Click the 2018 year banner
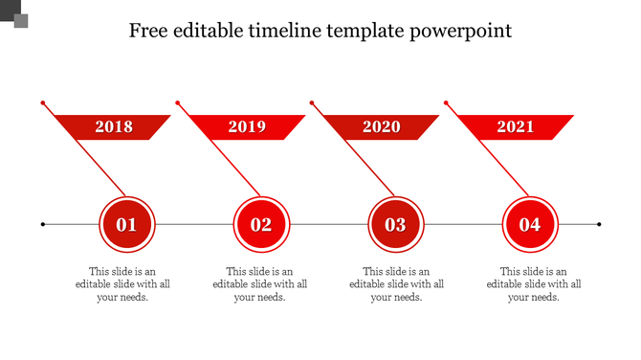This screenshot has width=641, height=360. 113,126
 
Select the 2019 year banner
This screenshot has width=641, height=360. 247,126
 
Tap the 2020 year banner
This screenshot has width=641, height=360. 381,126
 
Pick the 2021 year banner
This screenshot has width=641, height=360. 515,126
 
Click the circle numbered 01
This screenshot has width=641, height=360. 126,225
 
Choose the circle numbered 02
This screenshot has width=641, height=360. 261,225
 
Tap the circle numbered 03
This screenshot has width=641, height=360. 395,225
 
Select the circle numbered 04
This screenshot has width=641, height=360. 529,225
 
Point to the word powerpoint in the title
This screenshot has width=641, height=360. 461,32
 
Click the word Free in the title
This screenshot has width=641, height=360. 149,31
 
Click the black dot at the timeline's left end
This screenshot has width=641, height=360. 43,225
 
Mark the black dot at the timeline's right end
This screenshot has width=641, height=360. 599,225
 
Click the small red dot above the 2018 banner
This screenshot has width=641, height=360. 43,101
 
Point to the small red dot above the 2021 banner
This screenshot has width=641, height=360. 445,101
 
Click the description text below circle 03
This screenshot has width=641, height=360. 397,284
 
